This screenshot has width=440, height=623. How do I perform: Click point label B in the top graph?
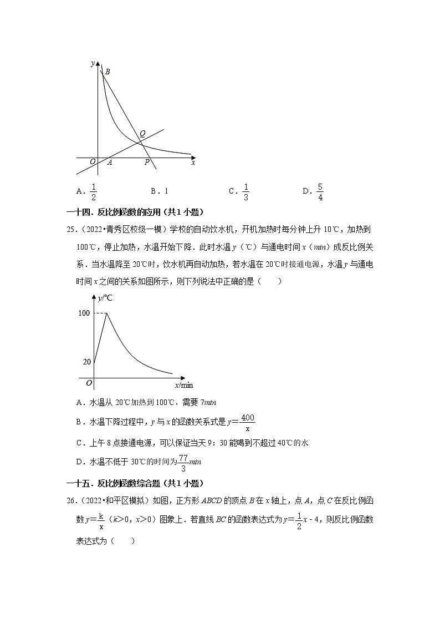click(108, 72)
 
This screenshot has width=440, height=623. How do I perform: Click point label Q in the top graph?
click(142, 134)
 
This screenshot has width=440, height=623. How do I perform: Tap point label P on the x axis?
click(147, 163)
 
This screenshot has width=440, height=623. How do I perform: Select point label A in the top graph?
click(110, 163)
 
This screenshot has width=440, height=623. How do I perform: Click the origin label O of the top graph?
click(93, 162)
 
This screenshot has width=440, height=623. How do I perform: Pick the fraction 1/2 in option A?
click(94, 191)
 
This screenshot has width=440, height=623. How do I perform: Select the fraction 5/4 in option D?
click(320, 191)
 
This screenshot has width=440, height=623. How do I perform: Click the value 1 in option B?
click(166, 191)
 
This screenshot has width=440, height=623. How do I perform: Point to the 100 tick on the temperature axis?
click(84, 313)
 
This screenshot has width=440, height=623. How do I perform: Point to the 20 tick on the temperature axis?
click(86, 362)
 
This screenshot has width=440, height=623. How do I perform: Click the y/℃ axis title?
click(105, 298)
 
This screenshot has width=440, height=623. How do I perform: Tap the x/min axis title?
click(184, 385)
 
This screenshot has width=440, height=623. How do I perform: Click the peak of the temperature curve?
click(106, 313)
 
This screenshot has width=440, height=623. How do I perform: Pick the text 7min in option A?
click(207, 402)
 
